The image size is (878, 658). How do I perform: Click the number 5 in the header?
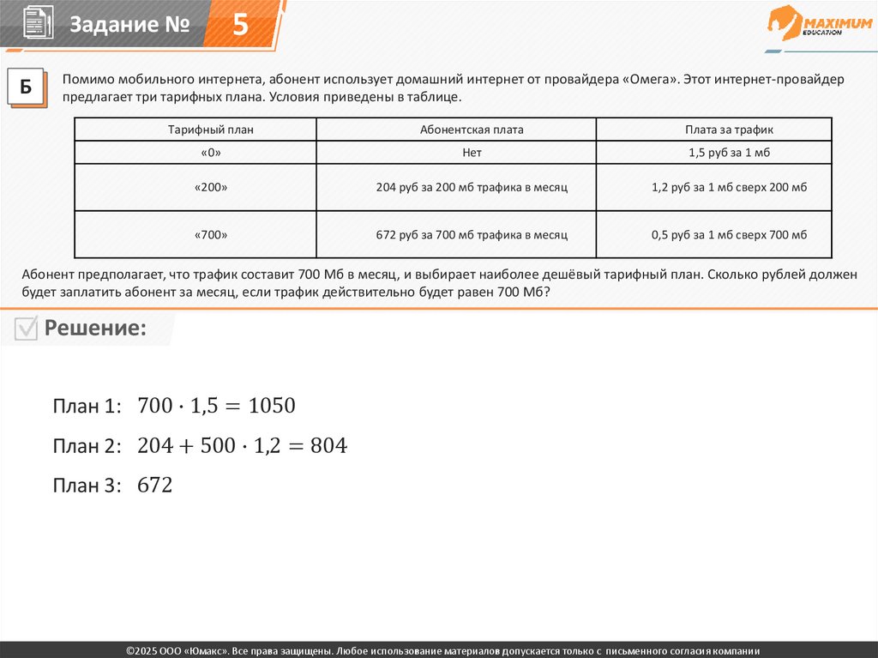point(240,25)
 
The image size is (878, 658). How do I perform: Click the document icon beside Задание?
point(35,22)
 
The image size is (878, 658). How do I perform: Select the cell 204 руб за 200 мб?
point(472,187)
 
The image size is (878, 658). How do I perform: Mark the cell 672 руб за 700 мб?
point(472,234)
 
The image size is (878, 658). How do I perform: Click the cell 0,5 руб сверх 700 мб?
point(729,234)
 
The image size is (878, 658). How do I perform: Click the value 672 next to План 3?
point(155,486)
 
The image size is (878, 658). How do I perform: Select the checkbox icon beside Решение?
point(27,329)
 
